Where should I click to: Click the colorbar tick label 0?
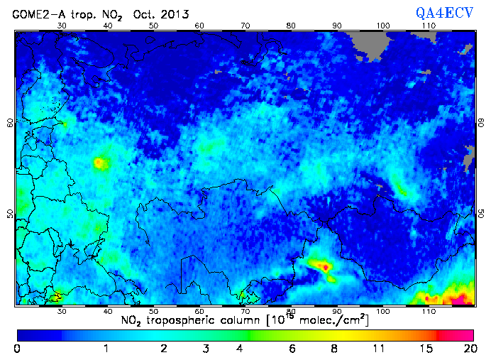click(x=17, y=348)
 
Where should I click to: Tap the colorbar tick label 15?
click(x=423, y=348)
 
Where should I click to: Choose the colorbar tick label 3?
click(x=204, y=348)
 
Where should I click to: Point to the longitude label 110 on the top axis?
click(x=429, y=25)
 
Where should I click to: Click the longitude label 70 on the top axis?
click(x=245, y=25)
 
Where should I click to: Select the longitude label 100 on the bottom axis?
click(x=383, y=311)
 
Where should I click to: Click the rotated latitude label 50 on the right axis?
click(x=479, y=213)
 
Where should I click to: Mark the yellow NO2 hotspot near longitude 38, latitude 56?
click(x=99, y=163)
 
